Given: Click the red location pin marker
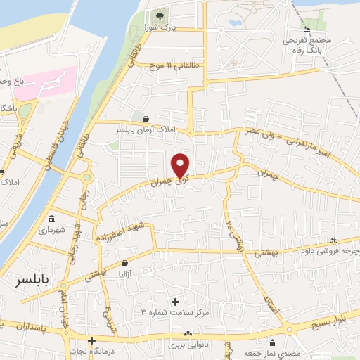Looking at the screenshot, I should (181, 165).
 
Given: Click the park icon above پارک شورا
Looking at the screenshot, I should (160, 15).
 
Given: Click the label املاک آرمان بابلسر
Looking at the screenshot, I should (146, 131).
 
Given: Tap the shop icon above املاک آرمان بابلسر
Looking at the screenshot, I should (146, 119).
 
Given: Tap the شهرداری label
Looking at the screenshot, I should (52, 229).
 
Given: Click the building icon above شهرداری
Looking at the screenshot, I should (51, 217).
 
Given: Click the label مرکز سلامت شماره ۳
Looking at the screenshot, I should (175, 311).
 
